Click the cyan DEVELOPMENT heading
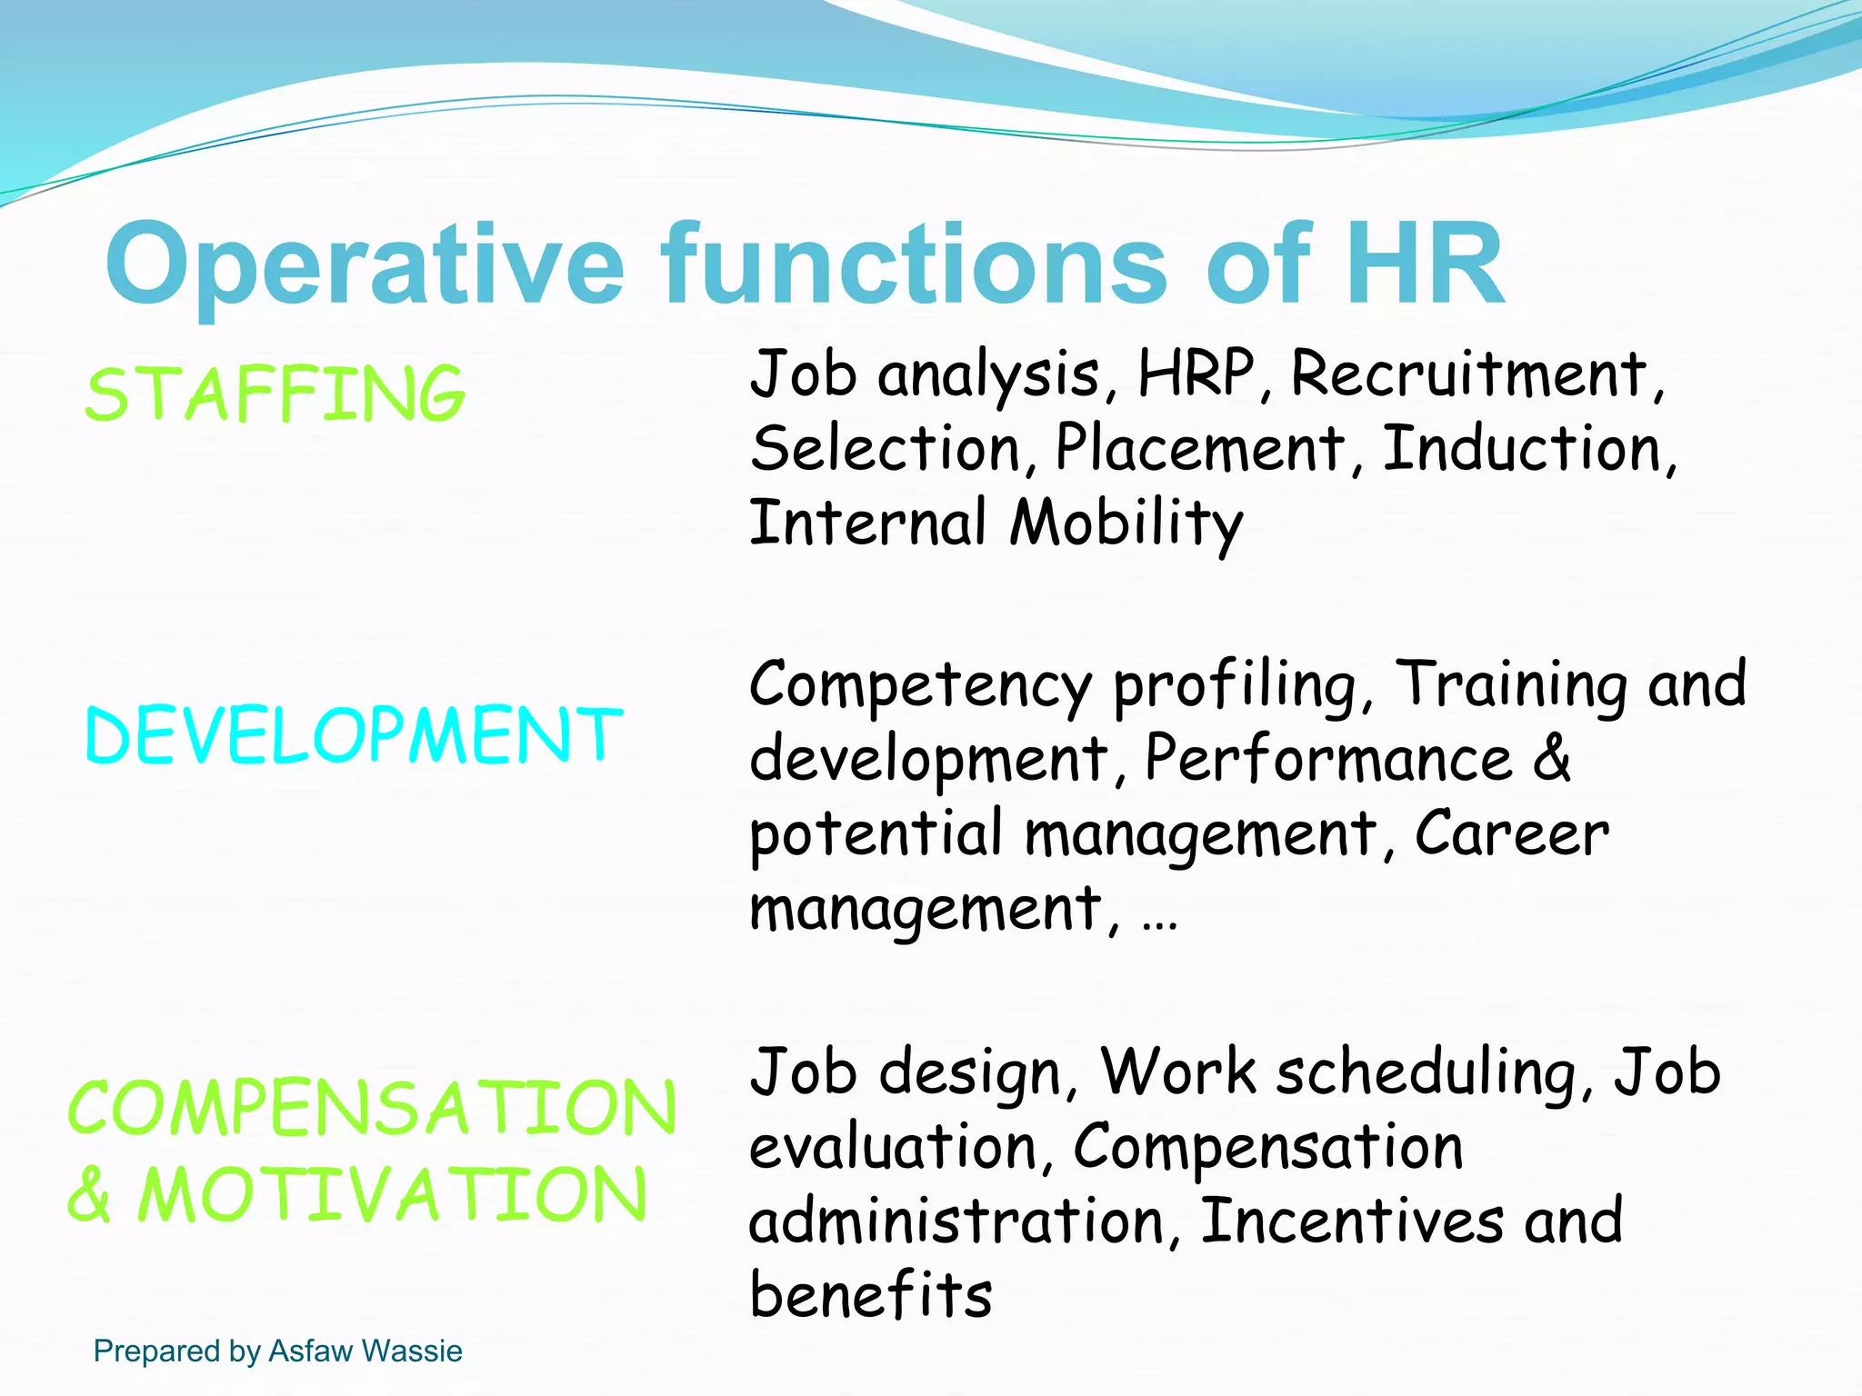(354, 735)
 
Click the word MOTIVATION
(393, 1194)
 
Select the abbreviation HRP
(1196, 374)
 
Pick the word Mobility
(1126, 523)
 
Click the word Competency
(919, 685)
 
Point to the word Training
(1510, 685)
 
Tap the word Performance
(1327, 759)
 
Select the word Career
(1511, 833)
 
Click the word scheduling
(1427, 1073)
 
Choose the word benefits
(870, 1294)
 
